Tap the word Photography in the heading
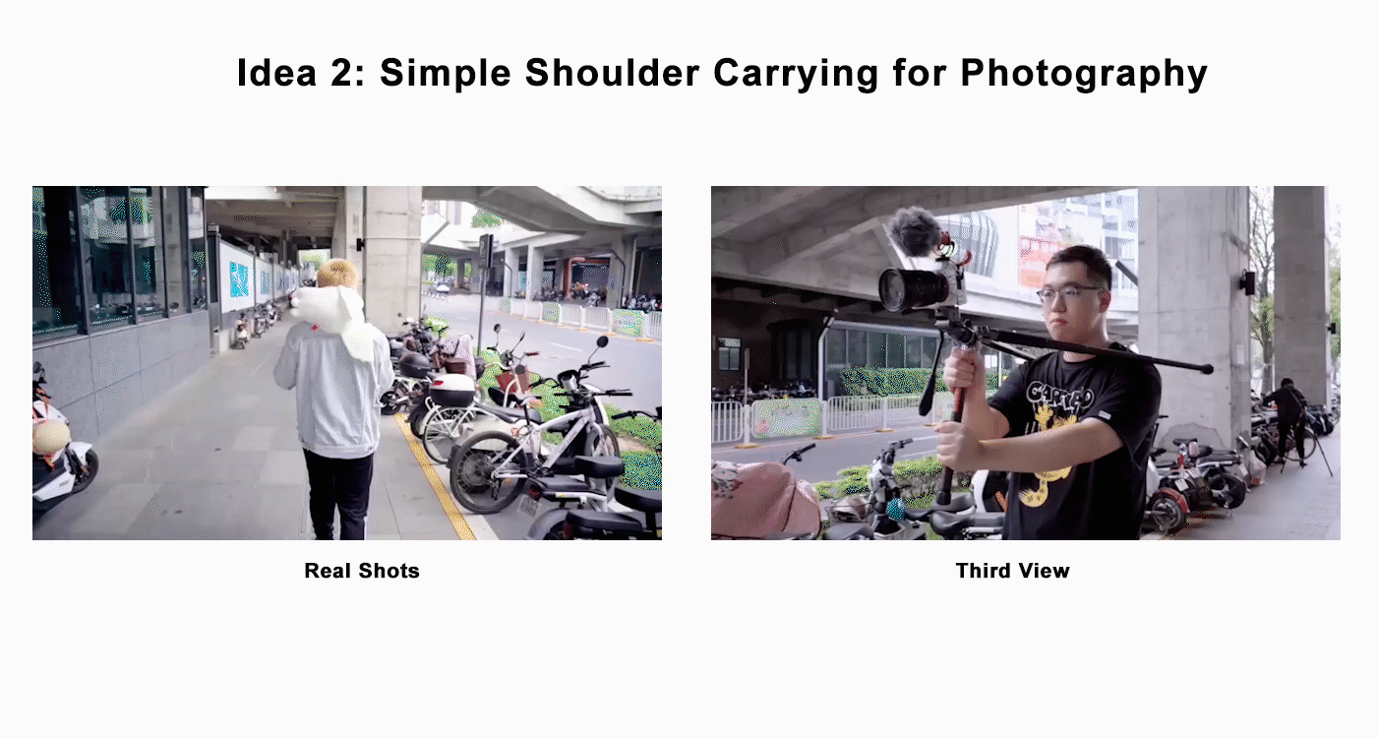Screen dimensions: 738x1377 (1083, 74)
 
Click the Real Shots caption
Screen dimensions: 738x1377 (362, 571)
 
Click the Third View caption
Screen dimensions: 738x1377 (1012, 571)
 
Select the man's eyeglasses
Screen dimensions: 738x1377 (1067, 292)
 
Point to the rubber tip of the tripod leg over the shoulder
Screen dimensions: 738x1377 (1207, 369)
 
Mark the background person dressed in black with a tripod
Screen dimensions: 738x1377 (1287, 418)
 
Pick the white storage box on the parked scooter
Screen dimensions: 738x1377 (451, 390)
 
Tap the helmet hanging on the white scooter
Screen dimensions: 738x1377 (50, 435)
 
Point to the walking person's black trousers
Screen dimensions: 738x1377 (337, 492)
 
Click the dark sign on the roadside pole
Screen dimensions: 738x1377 (485, 251)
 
